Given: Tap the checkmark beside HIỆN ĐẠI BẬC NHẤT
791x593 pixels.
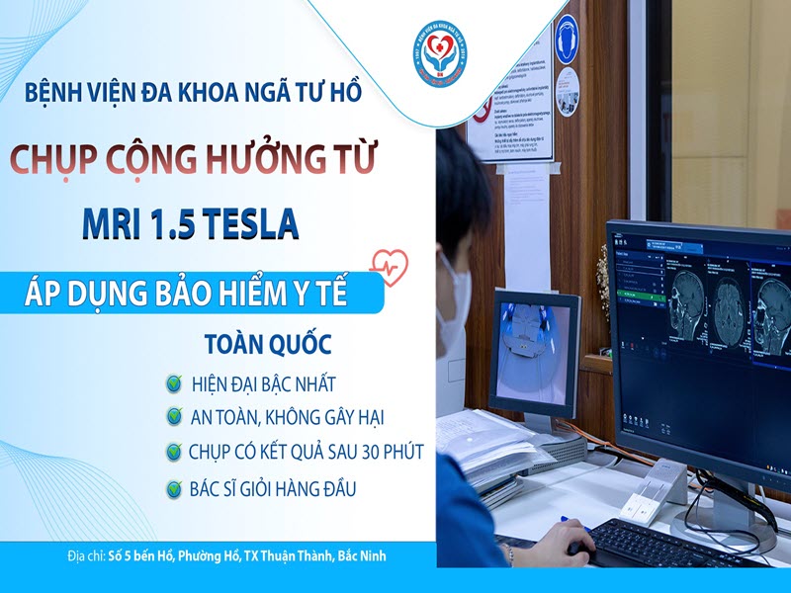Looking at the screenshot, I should [x=175, y=382].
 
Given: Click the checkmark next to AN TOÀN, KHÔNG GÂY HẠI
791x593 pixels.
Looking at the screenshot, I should [x=175, y=416].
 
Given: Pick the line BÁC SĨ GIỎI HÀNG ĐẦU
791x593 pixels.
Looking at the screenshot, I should [x=273, y=487].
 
